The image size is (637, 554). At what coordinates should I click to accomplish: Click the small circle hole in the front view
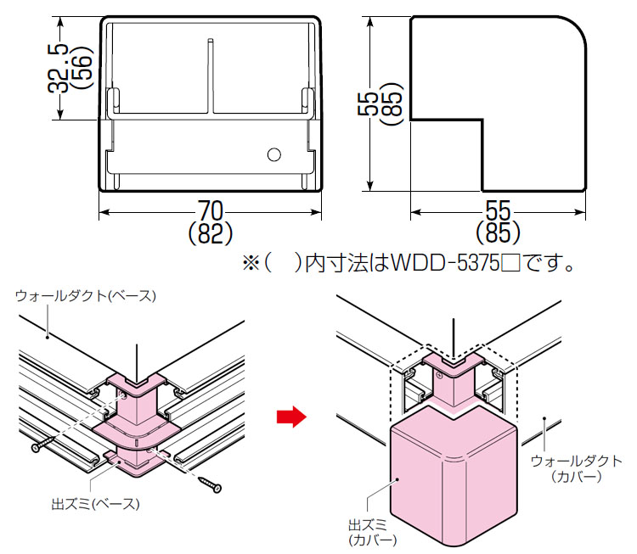tap(273, 154)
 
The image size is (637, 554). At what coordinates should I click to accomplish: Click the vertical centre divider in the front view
tap(209, 76)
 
